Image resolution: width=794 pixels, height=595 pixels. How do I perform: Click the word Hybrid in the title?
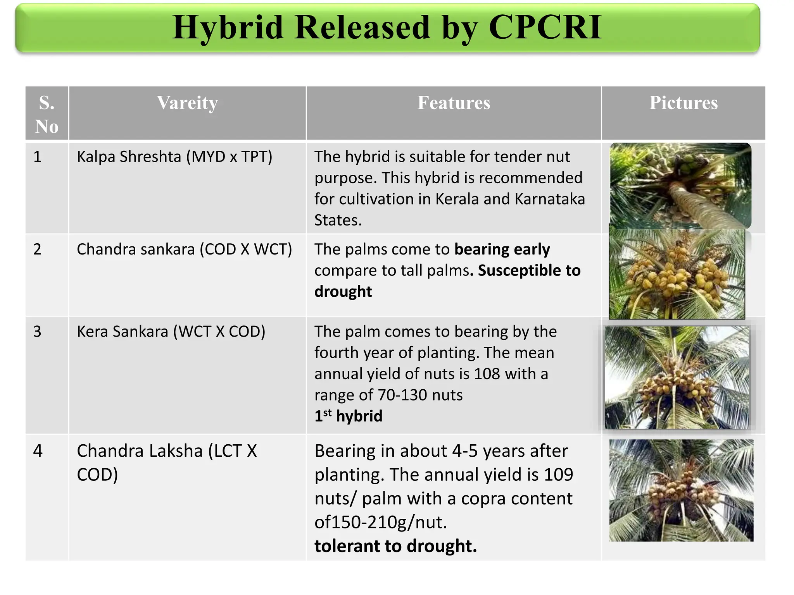tap(228, 28)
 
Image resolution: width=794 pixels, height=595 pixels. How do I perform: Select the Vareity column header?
tap(187, 103)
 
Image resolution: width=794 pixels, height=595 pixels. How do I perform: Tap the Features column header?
tap(454, 103)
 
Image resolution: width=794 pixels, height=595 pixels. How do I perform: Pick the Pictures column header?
tap(684, 103)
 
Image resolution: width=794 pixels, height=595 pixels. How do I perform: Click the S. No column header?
tap(47, 114)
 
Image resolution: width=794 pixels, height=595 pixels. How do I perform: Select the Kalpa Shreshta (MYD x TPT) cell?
tap(174, 157)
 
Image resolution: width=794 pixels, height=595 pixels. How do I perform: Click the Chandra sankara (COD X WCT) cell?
tap(184, 249)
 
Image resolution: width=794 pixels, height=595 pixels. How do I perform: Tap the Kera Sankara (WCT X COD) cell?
tap(171, 332)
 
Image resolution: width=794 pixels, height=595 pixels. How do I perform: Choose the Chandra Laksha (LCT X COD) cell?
tap(167, 463)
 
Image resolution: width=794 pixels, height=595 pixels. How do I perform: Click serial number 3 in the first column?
tap(37, 332)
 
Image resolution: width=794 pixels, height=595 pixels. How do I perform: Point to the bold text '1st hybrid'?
tap(348, 416)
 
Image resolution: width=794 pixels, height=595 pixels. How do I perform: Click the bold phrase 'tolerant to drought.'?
tap(395, 546)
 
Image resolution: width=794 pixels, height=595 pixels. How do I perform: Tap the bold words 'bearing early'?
tap(502, 249)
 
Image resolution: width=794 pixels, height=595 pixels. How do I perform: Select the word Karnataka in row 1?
tap(550, 199)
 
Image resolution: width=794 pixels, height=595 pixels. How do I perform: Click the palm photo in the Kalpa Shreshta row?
tap(680, 186)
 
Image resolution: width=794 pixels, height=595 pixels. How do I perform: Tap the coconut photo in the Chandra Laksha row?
tap(681, 490)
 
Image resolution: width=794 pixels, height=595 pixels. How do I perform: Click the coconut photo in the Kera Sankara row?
tap(677, 377)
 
